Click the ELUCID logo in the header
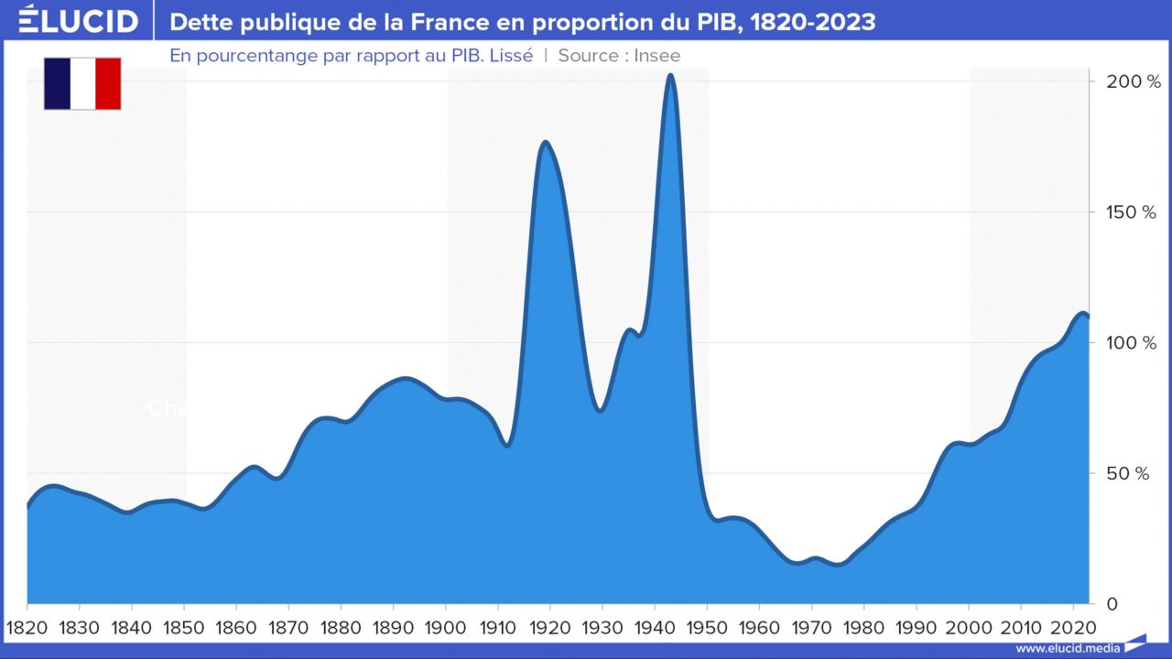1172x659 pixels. (x=79, y=20)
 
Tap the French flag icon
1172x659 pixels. (x=82, y=83)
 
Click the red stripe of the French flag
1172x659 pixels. (x=108, y=83)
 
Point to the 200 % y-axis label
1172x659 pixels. (x=1133, y=81)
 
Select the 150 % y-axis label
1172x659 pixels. (x=1133, y=212)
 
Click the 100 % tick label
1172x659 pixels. (x=1133, y=343)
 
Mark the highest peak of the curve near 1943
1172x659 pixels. (x=670, y=75)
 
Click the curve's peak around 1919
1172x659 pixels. (x=545, y=142)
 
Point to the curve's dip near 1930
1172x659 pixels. (x=600, y=410)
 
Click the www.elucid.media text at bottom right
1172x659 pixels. (x=1068, y=648)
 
